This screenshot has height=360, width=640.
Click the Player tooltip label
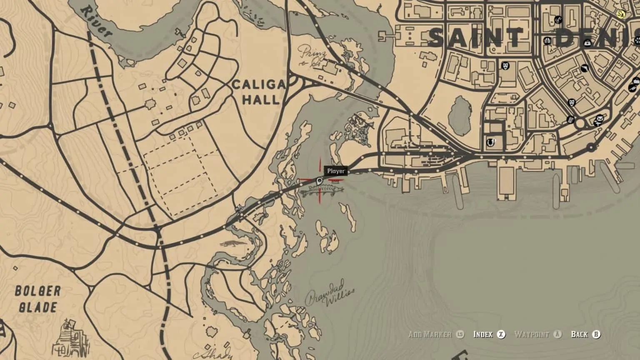pyautogui.click(x=336, y=171)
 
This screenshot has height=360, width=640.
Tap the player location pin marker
pyautogui.click(x=320, y=181)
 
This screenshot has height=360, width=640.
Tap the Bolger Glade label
pyautogui.click(x=38, y=299)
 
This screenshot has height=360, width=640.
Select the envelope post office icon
pyautogui.click(x=600, y=119)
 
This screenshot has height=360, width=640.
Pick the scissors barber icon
pyautogui.click(x=558, y=19)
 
